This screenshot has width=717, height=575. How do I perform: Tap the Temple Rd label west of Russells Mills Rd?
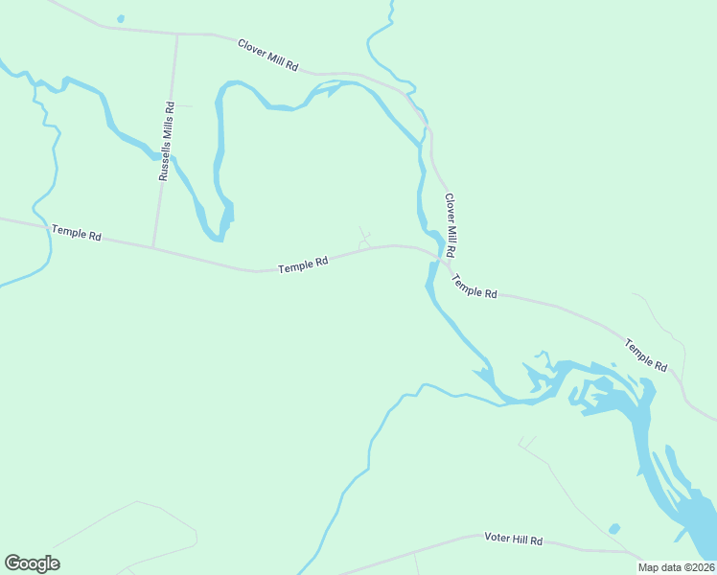tap(76, 232)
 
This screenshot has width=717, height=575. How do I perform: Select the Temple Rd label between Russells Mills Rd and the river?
tap(303, 264)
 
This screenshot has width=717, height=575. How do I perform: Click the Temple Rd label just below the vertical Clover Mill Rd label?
tap(474, 286)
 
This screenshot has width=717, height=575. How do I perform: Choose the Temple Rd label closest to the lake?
tap(646, 354)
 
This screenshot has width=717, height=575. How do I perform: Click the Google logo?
tap(32, 563)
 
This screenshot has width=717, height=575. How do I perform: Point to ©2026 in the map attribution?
tap(697, 567)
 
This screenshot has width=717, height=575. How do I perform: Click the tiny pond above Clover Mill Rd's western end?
tap(120, 18)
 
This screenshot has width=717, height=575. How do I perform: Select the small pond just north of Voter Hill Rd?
tap(613, 528)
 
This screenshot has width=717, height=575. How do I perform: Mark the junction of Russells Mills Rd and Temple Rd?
tap(153, 248)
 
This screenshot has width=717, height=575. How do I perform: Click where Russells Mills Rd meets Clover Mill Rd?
tap(176, 34)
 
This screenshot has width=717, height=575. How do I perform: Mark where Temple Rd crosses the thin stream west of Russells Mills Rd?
tap(48, 228)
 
